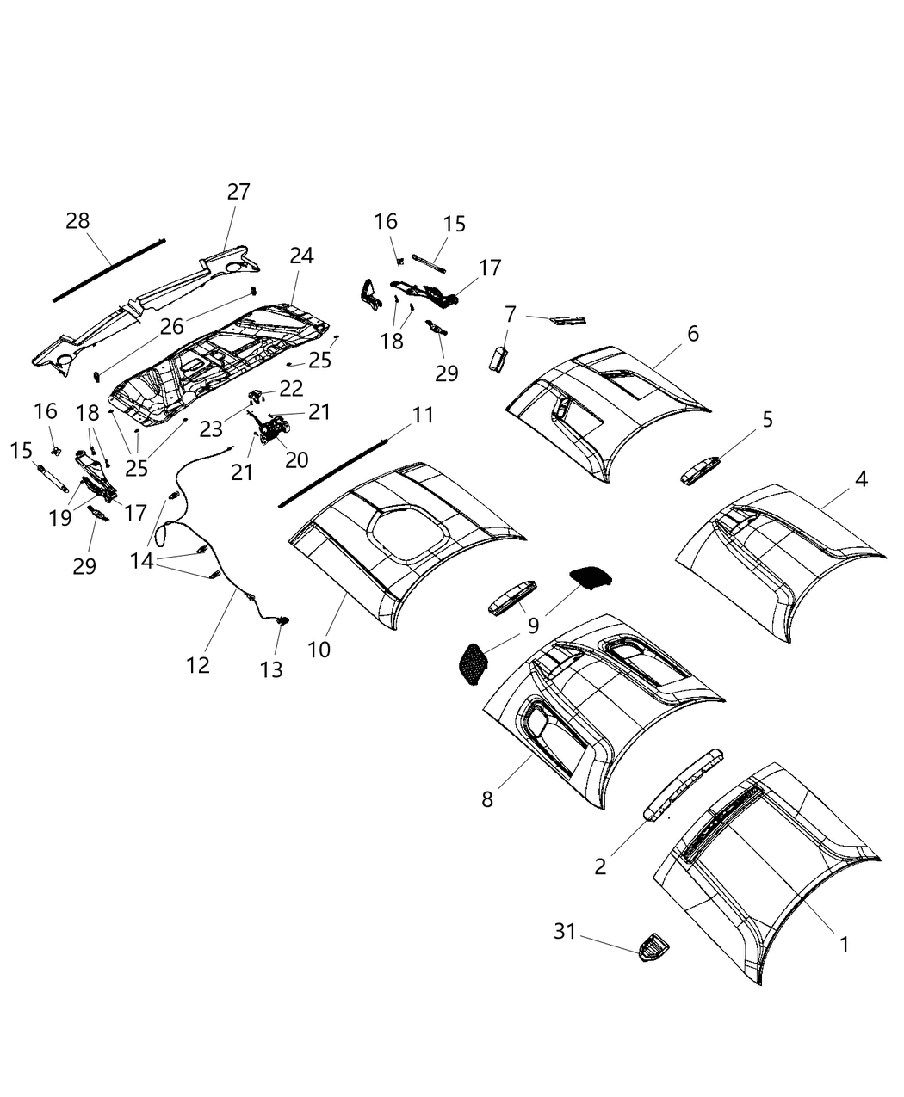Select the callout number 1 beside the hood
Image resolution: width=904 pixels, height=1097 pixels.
tap(844, 945)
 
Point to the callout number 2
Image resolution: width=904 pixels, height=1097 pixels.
tap(600, 866)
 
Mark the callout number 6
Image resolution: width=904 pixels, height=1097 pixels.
tap(693, 333)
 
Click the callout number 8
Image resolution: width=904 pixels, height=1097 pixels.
tap(488, 799)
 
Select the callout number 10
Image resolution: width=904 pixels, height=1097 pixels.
tap(319, 649)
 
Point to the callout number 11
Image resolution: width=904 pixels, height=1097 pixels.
tap(422, 416)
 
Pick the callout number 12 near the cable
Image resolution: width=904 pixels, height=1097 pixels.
tap(198, 665)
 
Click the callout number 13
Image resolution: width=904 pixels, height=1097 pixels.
tap(271, 669)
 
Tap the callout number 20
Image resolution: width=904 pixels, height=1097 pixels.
tap(296, 459)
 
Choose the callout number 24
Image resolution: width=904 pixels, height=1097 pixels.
tap(301, 256)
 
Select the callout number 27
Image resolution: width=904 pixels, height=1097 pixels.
tap(238, 191)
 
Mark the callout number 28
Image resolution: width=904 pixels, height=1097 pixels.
tap(77, 221)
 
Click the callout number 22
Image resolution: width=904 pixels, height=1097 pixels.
tap(291, 388)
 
